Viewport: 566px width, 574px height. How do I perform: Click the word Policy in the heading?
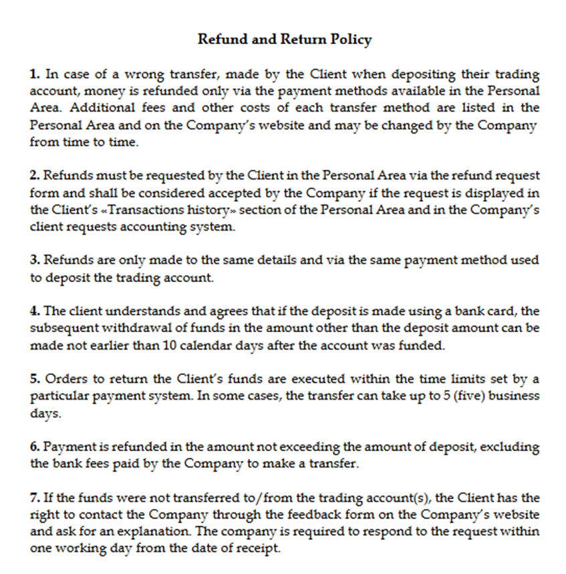point(351,39)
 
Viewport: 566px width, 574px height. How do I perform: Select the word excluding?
point(513,446)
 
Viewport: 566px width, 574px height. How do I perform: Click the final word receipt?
point(259,549)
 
